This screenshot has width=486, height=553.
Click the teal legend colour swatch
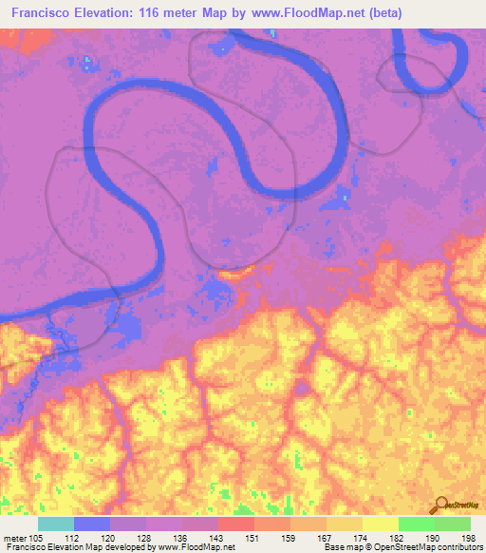pyautogui.click(x=56, y=524)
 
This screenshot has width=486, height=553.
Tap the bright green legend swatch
pyautogui.click(x=416, y=524)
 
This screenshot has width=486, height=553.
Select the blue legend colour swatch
pyautogui.click(x=92, y=524)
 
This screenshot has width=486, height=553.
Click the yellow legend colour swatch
pyautogui.click(x=380, y=524)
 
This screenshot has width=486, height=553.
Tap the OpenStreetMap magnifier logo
pyautogui.click(x=441, y=505)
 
